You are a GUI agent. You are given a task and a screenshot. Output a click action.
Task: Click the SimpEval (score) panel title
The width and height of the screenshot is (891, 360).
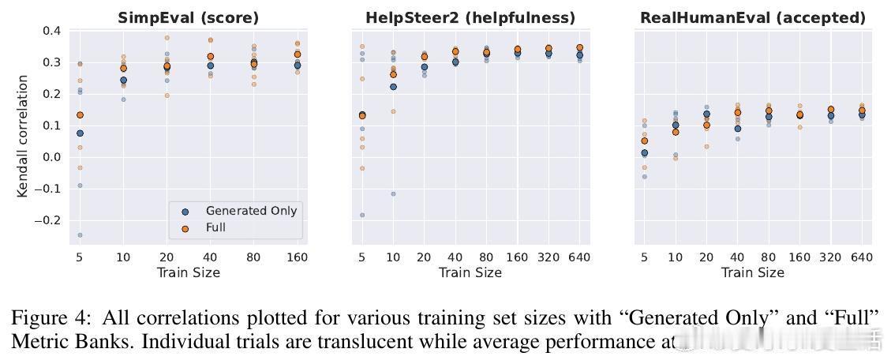click(x=188, y=17)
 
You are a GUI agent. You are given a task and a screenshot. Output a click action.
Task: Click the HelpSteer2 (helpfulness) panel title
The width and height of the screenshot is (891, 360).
click(x=470, y=17)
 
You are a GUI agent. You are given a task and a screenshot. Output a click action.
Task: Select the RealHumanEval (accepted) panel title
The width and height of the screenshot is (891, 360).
click(x=752, y=17)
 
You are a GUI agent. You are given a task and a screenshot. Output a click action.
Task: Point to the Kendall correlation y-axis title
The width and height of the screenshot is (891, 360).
click(x=24, y=136)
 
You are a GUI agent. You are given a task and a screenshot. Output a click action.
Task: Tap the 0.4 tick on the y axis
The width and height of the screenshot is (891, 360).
click(x=52, y=31)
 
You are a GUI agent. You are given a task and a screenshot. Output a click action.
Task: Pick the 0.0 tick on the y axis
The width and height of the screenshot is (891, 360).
click(x=52, y=157)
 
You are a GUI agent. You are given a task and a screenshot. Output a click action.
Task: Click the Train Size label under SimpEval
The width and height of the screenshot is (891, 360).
click(x=188, y=272)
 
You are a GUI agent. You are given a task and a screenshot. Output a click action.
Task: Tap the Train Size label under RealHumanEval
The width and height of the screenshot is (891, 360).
click(x=752, y=272)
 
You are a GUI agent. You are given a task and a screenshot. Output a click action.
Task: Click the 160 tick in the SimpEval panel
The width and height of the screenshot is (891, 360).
click(x=297, y=257)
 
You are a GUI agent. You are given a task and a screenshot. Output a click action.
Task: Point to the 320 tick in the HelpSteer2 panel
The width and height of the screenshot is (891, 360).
click(x=548, y=257)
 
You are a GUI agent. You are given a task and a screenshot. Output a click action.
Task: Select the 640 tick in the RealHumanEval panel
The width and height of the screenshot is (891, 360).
click(x=862, y=257)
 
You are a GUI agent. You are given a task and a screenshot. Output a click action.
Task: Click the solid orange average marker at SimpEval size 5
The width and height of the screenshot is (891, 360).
click(x=80, y=115)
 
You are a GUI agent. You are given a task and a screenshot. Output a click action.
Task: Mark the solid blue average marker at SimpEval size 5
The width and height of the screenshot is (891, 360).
click(x=80, y=133)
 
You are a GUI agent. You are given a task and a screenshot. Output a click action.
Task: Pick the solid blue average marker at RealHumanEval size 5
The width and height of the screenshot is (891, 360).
click(x=644, y=153)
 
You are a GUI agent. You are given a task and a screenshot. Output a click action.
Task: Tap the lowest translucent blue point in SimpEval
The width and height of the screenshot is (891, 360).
click(x=80, y=235)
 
